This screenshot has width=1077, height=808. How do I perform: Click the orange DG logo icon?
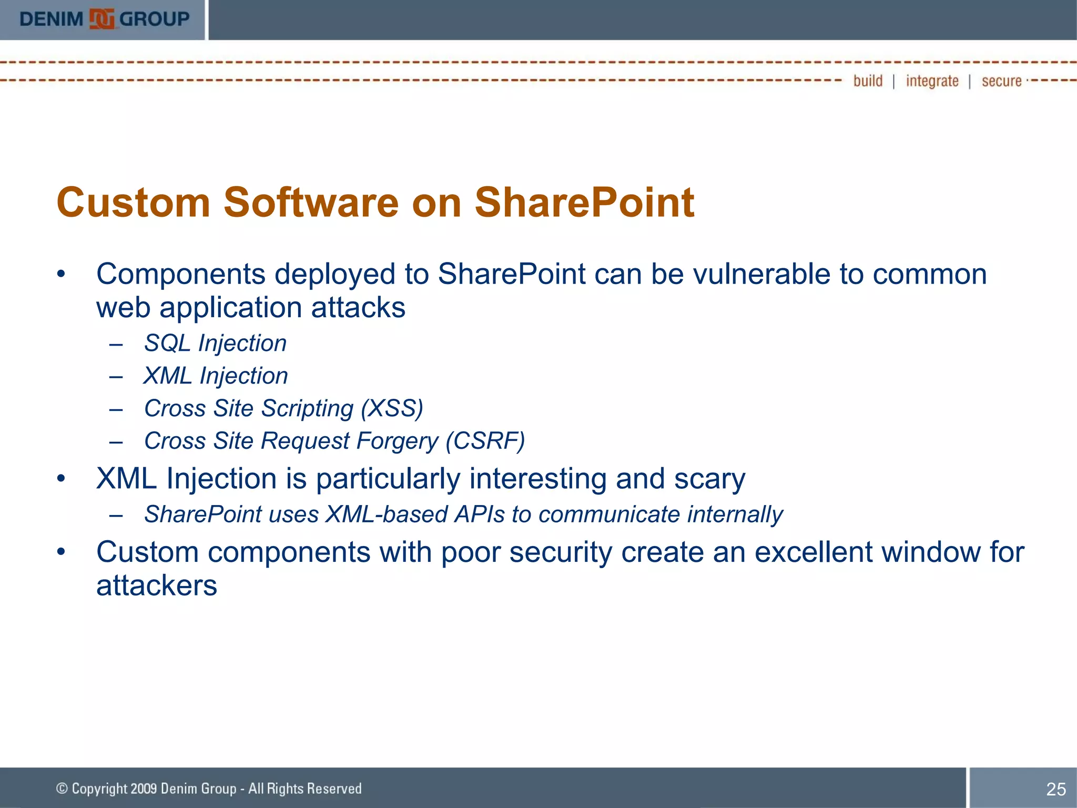[x=101, y=19]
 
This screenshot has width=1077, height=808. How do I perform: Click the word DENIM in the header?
[x=51, y=19]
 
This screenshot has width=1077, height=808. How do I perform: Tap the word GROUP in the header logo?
[x=155, y=19]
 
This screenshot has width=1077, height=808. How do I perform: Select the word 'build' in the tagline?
[x=868, y=81]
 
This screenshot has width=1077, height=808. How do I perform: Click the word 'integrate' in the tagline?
[x=932, y=81]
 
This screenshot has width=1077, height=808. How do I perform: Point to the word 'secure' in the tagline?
[x=1001, y=81]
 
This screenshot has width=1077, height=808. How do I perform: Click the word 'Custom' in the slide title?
[x=134, y=203]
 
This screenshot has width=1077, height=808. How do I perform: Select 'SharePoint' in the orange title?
[x=584, y=203]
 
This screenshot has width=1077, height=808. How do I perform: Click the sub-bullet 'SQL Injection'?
[x=215, y=344]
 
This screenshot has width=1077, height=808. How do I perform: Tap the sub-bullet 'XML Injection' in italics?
[x=216, y=376]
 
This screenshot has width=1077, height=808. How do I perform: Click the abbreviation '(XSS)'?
[x=392, y=409]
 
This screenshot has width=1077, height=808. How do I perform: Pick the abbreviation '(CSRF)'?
[x=485, y=441]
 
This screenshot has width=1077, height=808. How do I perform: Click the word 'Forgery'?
[x=397, y=441]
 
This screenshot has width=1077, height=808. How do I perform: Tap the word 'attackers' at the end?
[x=156, y=585]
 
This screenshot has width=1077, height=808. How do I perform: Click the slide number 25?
[x=1055, y=789]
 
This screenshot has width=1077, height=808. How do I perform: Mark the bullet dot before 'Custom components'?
[x=62, y=552]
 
